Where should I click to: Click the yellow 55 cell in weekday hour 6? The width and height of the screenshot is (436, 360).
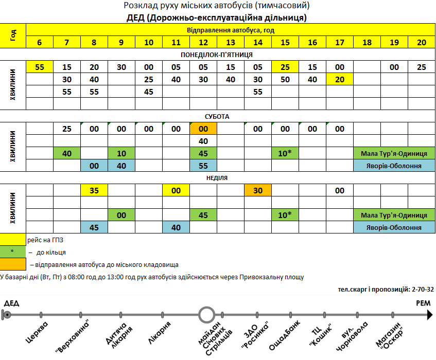(x=40, y=67)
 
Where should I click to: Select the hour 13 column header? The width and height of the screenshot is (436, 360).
(x=231, y=42)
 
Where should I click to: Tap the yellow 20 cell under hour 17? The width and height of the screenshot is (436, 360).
(x=340, y=79)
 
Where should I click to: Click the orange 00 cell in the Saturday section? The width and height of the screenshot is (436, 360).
(x=203, y=129)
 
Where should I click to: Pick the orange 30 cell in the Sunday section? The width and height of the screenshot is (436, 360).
(x=258, y=190)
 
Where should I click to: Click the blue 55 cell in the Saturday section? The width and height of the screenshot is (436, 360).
(x=203, y=166)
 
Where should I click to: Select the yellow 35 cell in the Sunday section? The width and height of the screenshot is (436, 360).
(x=94, y=190)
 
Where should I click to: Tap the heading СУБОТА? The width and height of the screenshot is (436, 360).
(x=217, y=117)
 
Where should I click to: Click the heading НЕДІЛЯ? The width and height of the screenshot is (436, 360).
(x=217, y=178)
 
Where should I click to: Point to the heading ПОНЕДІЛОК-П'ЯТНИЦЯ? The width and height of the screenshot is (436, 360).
(x=217, y=55)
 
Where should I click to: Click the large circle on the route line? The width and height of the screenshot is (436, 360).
(x=206, y=314)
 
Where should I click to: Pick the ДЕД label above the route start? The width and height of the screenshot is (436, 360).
(x=11, y=303)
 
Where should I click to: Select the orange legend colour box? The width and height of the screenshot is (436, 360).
(x=13, y=264)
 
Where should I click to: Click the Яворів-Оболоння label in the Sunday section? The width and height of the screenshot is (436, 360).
(x=394, y=227)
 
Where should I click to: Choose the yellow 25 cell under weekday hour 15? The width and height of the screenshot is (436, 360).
(x=285, y=67)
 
